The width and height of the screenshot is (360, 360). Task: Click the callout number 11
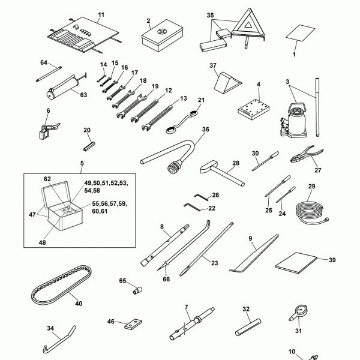click(101, 14)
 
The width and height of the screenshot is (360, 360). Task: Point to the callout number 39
click(332, 260)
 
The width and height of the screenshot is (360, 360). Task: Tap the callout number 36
click(206, 129)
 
